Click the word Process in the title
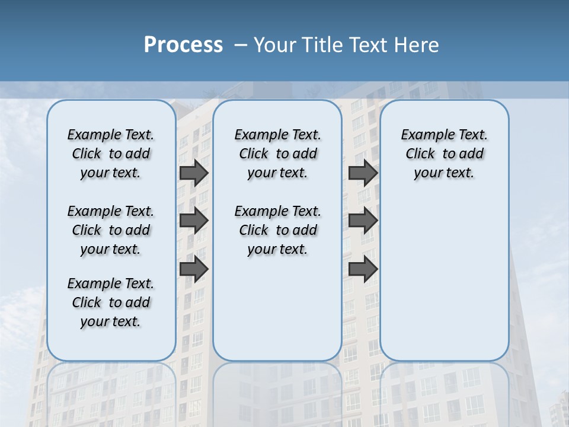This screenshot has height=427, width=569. coord(183,44)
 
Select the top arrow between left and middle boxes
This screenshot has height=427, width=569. coord(193,173)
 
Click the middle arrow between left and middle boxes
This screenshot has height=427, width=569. coord(193,221)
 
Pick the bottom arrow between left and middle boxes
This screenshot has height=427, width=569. coord(193,269)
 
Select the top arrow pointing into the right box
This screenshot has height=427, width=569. coord(363,173)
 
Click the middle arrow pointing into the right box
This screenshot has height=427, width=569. coord(363,221)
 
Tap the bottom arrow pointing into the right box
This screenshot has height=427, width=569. coord(363,269)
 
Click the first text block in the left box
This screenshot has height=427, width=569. coord(111,154)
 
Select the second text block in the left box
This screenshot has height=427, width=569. coord(111,230)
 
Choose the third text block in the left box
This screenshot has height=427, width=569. coord(111,302)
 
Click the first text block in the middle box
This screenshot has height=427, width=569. coord(277,154)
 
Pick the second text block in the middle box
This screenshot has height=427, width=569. coord(277,230)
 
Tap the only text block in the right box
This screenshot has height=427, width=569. coord(444,154)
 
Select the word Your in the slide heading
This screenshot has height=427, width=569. coord(274,44)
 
